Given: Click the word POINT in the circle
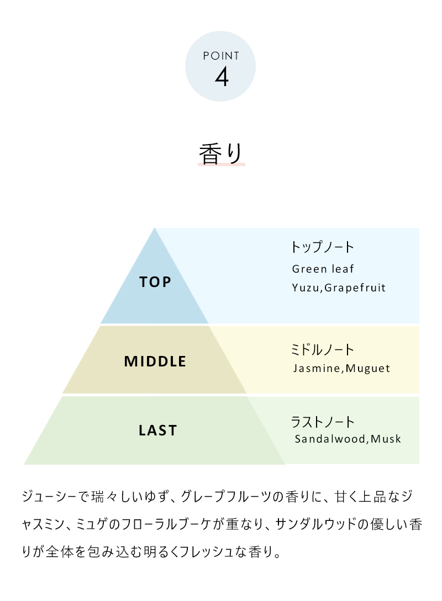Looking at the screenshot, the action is coord(221,56).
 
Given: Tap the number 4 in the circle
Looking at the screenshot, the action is coord(222,77).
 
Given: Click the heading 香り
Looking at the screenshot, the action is coord(221,154).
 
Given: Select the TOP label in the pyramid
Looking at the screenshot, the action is coord(155,282).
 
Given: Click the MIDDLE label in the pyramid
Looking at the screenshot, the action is coord(155,361).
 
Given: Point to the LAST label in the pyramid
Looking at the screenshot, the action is coord(157,430).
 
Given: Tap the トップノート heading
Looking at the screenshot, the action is coord(322,247).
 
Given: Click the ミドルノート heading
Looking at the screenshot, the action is coord(322,349).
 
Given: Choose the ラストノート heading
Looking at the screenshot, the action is coord(322,422).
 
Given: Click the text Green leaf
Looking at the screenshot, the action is coord(323,269).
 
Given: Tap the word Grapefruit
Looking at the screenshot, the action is coord(355,288).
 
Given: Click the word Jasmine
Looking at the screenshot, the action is coord(317,368).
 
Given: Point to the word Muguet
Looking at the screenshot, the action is coord(367,369).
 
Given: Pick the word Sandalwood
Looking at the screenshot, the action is coord(330,439).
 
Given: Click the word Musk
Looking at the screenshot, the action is coord(386,439).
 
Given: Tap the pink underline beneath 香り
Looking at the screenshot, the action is coord(222,164).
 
